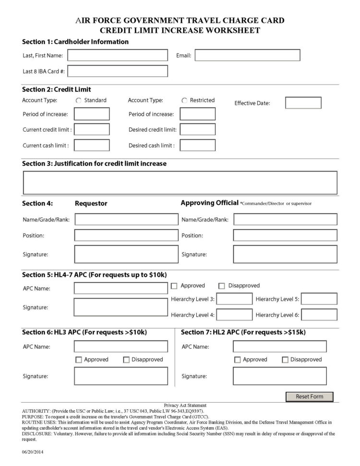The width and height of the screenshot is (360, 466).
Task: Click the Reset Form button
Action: pyautogui.click(x=309, y=396)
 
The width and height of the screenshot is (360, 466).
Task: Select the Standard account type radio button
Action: pyautogui.click(x=78, y=100)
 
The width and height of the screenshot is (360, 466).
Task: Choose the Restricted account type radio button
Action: pyautogui.click(x=184, y=100)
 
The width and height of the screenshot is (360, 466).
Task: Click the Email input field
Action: pyautogui.click(x=247, y=56)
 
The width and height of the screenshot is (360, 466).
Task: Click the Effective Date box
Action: pyautogui.click(x=303, y=103)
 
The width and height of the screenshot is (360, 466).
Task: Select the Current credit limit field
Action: pyautogui.click(x=92, y=130)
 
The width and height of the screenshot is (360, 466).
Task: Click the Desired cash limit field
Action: pyautogui.click(x=197, y=145)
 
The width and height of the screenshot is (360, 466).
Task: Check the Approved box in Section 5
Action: pyautogui.click(x=175, y=286)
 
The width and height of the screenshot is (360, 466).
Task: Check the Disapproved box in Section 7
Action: pyautogui.click(x=285, y=359)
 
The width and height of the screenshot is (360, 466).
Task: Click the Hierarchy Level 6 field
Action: pyautogui.click(x=319, y=315)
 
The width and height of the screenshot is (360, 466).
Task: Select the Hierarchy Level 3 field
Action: pyautogui.click(x=234, y=299)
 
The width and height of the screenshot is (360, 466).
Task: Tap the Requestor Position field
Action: pyautogui.click(x=126, y=235)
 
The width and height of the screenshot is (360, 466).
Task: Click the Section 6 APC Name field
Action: pyautogui.click(x=120, y=346)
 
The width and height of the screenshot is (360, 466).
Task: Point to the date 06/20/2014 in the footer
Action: pyautogui.click(x=33, y=453)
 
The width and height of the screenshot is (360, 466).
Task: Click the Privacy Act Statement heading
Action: pyautogui.click(x=185, y=405)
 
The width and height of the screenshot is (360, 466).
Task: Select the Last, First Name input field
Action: pyautogui.click(x=118, y=56)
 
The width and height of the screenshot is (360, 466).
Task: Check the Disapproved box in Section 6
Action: pyautogui.click(x=127, y=359)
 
